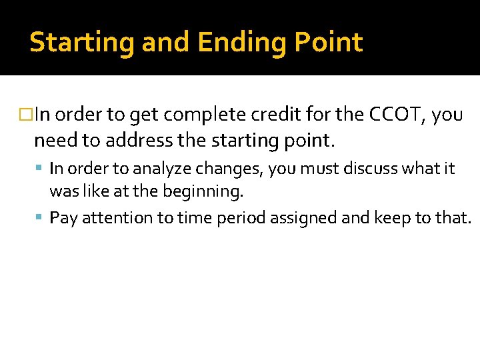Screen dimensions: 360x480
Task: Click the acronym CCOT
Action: tap(397, 115)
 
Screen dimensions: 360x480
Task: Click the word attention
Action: tap(115, 218)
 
